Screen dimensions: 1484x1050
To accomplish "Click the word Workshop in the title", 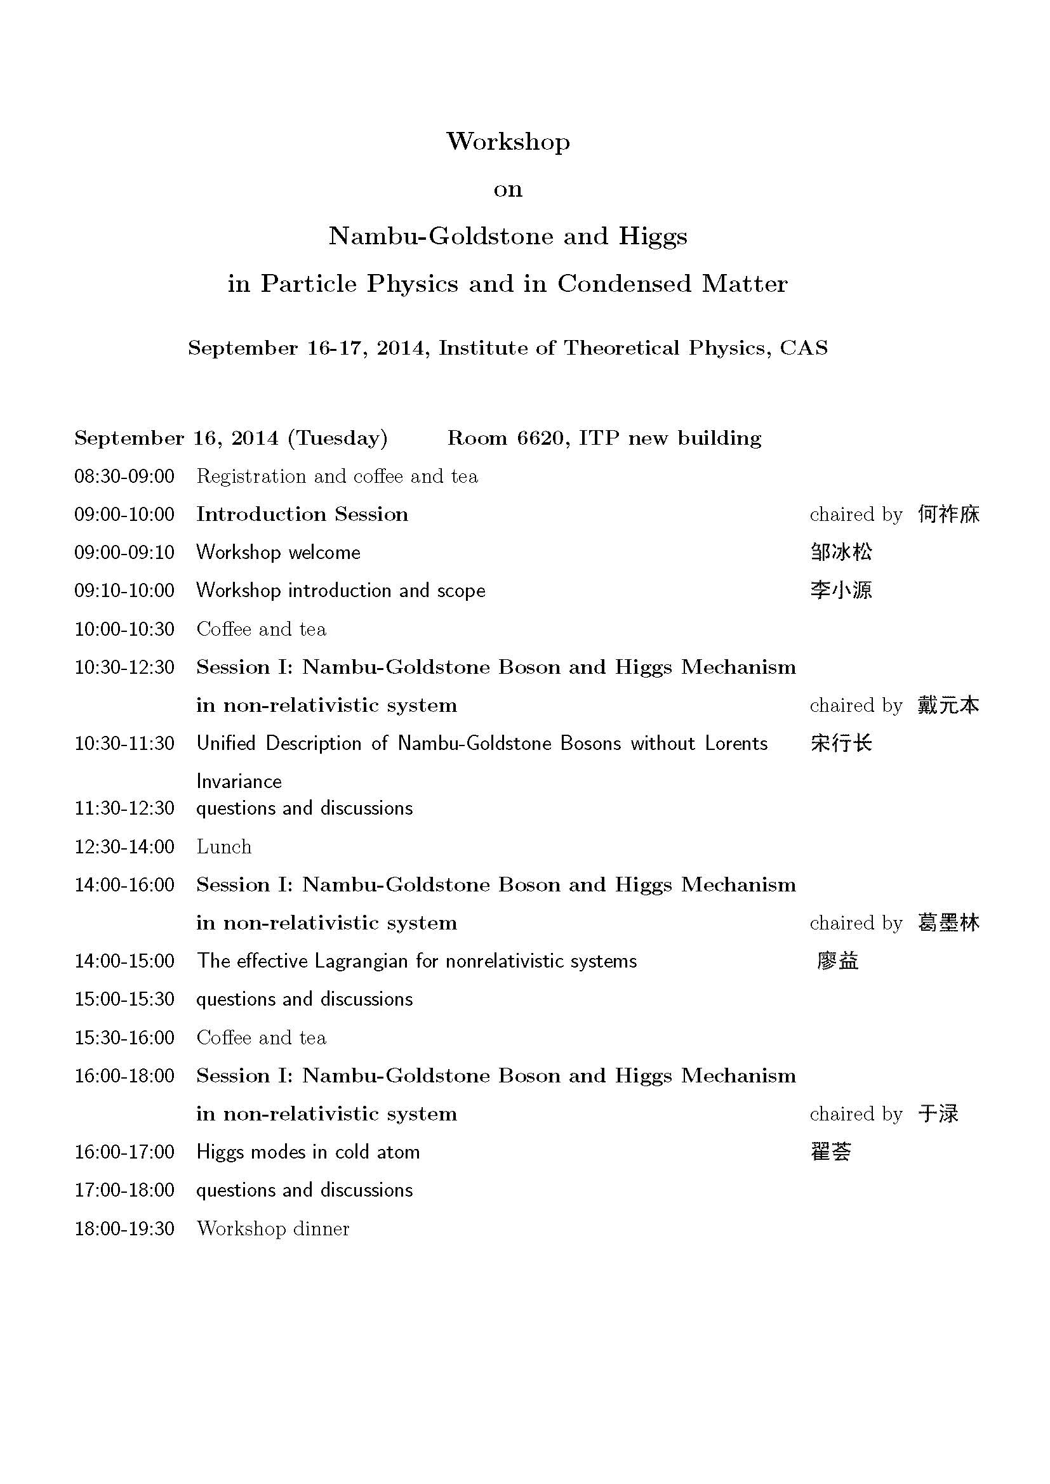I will (x=508, y=141).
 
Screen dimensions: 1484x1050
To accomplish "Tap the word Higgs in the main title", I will (x=653, y=236).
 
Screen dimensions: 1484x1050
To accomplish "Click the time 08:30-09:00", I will (x=124, y=476).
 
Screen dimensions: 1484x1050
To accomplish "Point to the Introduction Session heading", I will (x=302, y=515).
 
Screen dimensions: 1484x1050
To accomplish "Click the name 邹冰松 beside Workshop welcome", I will (x=841, y=552).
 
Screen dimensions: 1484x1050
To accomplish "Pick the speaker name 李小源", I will (x=841, y=590).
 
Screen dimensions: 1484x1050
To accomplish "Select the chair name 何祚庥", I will (x=948, y=515).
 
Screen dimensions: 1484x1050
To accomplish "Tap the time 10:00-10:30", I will (x=124, y=629).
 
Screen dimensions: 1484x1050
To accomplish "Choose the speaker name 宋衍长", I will (x=841, y=744).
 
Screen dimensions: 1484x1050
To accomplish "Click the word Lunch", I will (x=223, y=847).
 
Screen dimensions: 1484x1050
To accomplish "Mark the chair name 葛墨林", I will (x=948, y=923).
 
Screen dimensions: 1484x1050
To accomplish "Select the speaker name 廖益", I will (x=837, y=961).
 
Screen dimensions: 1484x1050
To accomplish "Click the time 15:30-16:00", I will (x=124, y=1037).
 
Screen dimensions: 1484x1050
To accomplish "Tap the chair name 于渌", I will (x=938, y=1113).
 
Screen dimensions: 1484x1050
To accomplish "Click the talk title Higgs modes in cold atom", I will (x=308, y=1152).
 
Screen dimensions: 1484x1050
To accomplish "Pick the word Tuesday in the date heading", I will (x=337, y=438).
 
